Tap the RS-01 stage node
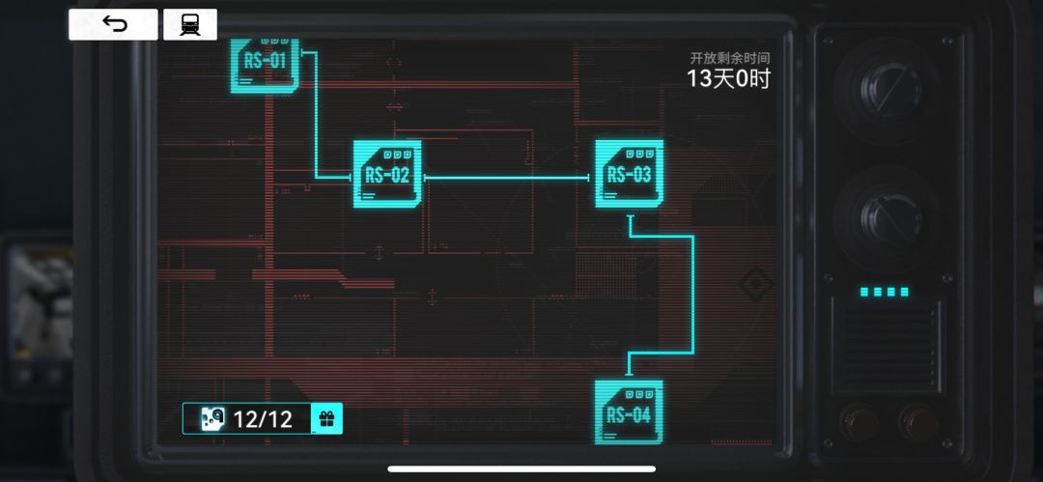265,66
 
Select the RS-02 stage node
387,174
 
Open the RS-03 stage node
630,174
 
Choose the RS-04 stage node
630,412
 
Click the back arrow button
114,25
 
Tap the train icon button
190,25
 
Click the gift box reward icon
326,419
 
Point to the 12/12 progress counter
263,419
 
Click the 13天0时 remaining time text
728,79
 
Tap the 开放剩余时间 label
730,58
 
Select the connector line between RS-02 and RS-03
507,178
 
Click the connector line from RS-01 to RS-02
315,115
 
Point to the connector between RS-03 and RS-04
693,295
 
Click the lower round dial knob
886,217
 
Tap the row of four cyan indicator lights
884,292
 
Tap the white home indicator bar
521,468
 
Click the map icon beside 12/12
212,419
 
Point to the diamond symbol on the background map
755,285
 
